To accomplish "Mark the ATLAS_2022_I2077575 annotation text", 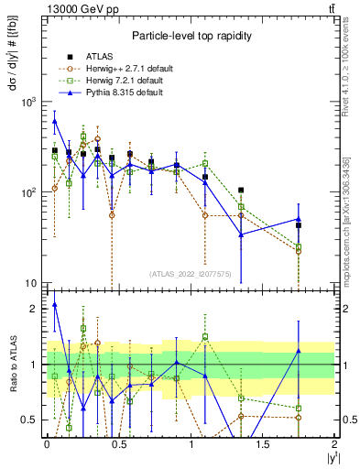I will coord(190,273).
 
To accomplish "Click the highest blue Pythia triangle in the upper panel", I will coord(55,121).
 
